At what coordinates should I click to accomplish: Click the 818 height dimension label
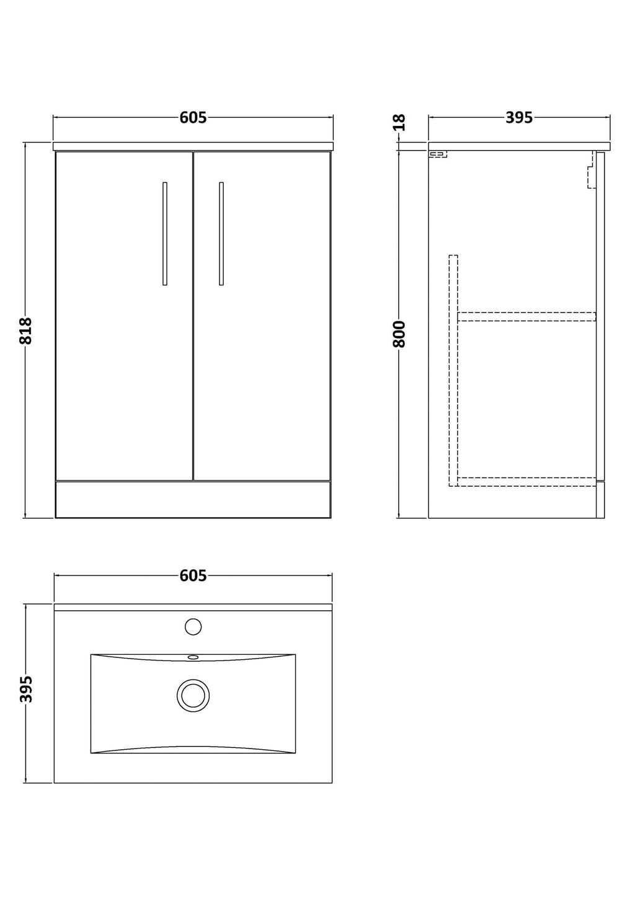[25, 331]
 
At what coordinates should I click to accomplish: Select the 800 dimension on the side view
[399, 334]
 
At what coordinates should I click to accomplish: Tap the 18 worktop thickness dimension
[399, 122]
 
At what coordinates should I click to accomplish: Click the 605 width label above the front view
[193, 117]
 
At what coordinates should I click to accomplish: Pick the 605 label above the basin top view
[193, 576]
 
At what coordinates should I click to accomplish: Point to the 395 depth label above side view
[519, 117]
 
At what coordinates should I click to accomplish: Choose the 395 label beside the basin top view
[25, 689]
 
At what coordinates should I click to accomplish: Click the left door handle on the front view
[165, 234]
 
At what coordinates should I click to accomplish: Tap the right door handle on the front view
[221, 234]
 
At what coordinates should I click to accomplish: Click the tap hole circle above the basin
[193, 626]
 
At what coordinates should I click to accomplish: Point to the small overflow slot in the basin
[193, 657]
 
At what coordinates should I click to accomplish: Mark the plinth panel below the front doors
[193, 499]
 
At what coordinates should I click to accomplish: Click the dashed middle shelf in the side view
[526, 317]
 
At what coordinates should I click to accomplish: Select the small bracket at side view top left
[438, 154]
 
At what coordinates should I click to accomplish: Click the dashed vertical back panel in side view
[453, 371]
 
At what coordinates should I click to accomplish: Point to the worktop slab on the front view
[193, 146]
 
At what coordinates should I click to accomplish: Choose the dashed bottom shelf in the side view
[526, 482]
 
